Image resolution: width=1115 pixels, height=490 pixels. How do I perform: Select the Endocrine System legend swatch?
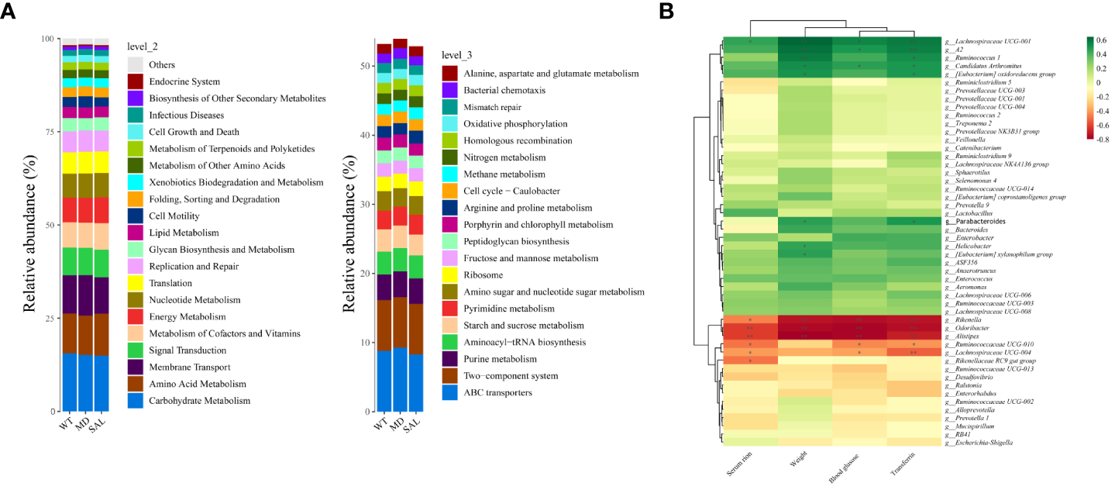click(x=135, y=81)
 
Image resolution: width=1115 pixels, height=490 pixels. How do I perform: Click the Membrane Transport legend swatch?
click(x=135, y=367)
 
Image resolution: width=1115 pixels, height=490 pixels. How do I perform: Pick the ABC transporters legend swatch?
click(x=451, y=393)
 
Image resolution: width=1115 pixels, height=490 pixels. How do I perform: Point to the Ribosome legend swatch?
click(x=451, y=275)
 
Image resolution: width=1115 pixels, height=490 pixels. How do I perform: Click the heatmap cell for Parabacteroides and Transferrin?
click(x=915, y=221)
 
